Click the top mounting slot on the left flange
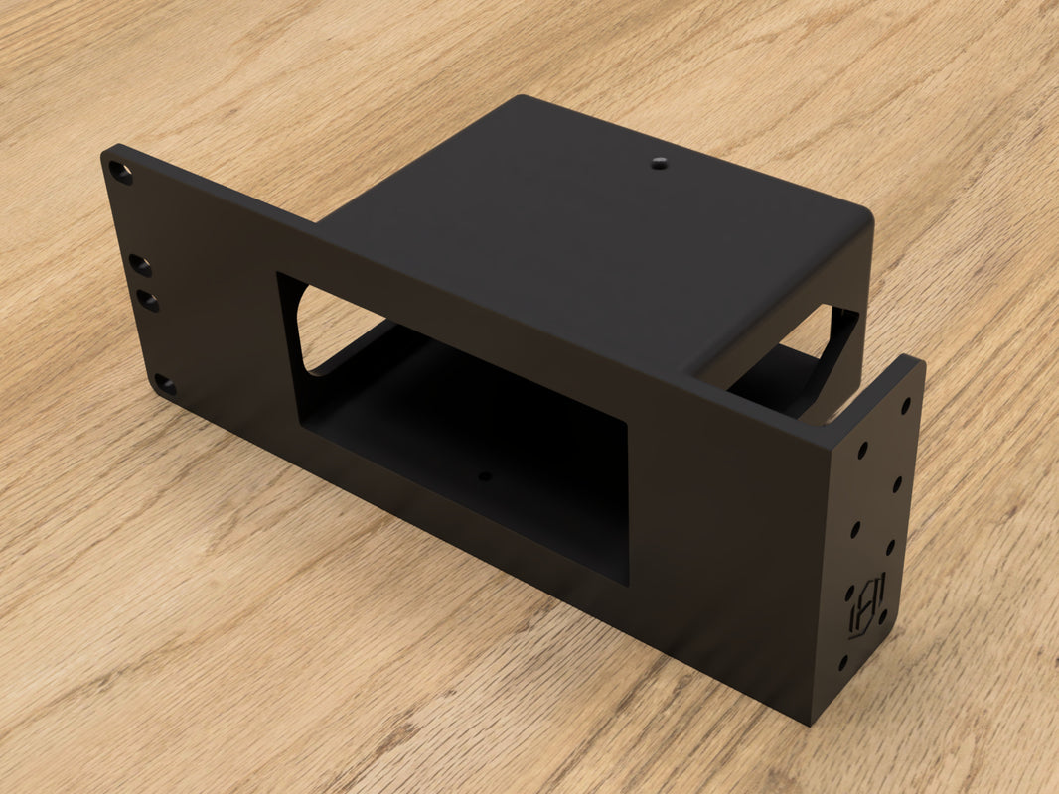[120, 175]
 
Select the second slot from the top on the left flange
[141, 265]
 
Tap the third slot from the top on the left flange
[148, 300]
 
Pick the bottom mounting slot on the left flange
[166, 385]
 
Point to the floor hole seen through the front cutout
[485, 476]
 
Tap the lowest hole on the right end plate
[843, 661]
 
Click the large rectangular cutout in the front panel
[457, 427]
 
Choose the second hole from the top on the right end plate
[861, 450]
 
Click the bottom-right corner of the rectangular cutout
[627, 581]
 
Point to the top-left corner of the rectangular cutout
[279, 276]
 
